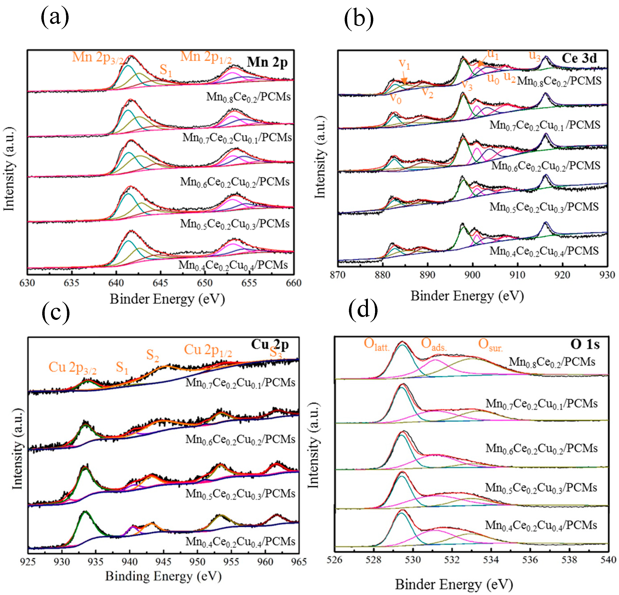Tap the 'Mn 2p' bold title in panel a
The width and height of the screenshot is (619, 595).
267,62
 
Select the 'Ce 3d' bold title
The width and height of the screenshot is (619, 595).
579,58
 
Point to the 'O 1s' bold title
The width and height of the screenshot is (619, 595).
585,344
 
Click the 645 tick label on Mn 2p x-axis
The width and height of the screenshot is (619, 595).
160,283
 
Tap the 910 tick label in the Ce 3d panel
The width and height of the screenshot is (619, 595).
517,275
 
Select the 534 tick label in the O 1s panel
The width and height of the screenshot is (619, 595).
491,560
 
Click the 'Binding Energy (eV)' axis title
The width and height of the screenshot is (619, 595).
163,576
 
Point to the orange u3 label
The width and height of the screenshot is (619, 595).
535,56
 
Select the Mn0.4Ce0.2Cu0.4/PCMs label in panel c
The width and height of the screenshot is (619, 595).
240,541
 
